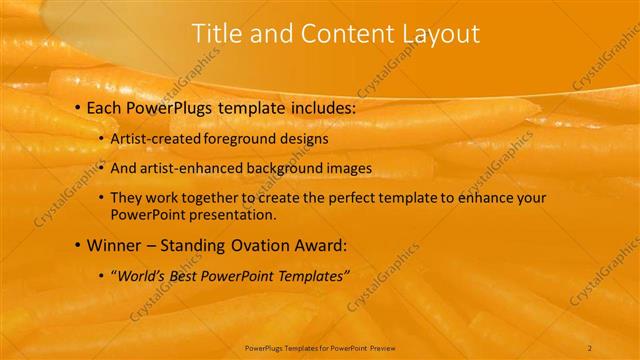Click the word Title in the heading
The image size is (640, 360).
point(215,34)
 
